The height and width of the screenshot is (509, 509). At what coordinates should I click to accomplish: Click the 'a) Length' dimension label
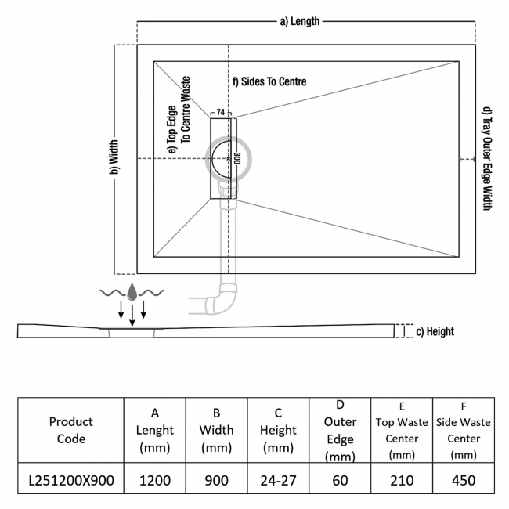point(300,22)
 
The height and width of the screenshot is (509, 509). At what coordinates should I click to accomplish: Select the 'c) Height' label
point(435,331)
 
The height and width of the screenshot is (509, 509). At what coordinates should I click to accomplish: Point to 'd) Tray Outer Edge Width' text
point(486,158)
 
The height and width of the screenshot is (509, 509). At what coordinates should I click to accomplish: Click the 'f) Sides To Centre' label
point(269,81)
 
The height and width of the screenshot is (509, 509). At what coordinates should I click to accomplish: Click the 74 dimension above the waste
point(221,113)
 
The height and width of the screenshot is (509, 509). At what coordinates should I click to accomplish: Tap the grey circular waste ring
point(229,157)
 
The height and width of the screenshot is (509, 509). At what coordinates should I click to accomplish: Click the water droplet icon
point(132,292)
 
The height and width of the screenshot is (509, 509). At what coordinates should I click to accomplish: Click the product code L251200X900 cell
point(71,480)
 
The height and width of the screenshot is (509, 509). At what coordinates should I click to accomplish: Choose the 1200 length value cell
point(155,480)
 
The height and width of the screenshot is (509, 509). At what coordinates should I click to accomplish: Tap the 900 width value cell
point(217,480)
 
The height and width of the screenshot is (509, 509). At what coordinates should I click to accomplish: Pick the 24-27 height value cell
point(279,480)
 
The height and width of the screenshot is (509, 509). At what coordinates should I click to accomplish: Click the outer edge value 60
point(340,480)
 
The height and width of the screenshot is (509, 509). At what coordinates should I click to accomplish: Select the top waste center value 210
point(401,480)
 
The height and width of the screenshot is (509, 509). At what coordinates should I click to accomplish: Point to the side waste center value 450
point(464,480)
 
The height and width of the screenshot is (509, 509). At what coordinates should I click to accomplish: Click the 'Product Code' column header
point(71,430)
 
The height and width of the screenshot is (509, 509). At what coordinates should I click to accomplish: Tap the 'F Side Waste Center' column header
point(464,430)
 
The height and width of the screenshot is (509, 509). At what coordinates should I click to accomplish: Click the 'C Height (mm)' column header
point(279,430)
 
